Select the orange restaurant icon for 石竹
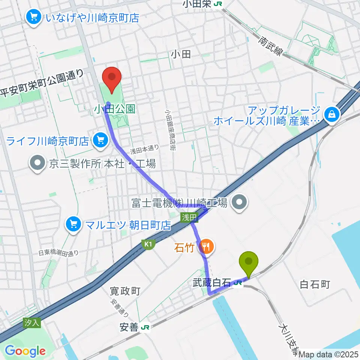(x=205, y=246)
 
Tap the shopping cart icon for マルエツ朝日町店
(x=73, y=225)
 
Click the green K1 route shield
(x=148, y=244)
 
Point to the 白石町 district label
(x=315, y=284)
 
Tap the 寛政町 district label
(x=125, y=291)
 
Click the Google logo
(x=25, y=351)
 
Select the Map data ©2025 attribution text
(x=329, y=354)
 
